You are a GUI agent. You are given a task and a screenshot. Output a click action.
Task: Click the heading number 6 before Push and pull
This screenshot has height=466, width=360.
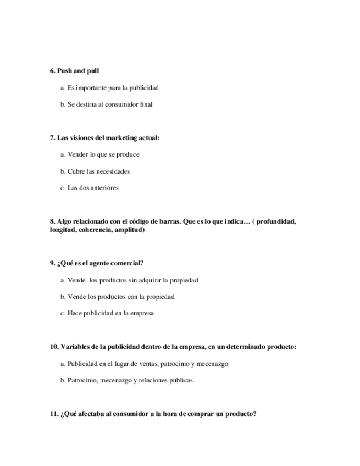pos(52,71)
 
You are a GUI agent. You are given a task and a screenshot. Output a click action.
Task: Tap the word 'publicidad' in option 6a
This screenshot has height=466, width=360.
pos(144,87)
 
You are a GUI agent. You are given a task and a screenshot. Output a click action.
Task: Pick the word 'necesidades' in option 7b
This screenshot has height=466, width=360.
pos(113,171)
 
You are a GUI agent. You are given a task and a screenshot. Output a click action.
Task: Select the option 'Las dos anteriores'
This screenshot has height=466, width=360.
pos(92,188)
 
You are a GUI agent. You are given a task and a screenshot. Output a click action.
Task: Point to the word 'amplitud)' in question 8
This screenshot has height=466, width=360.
pos(130,230)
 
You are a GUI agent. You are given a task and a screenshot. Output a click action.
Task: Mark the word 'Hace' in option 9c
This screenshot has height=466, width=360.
pos(74,314)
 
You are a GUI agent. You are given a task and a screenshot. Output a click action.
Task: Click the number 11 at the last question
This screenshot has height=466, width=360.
pos(54,414)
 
